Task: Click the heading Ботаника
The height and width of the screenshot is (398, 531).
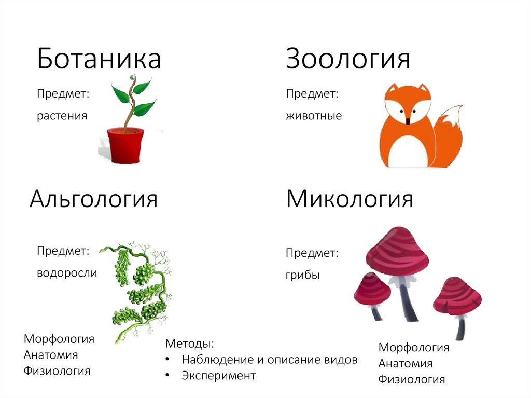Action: pyautogui.click(x=99, y=59)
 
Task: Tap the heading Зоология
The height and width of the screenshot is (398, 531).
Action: pyautogui.click(x=348, y=59)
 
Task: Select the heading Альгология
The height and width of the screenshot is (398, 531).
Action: pyautogui.click(x=93, y=199)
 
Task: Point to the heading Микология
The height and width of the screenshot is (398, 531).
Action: pyautogui.click(x=350, y=199)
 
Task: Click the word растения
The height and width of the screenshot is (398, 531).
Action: pyautogui.click(x=62, y=115)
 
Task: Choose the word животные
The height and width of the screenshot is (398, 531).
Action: pyautogui.click(x=314, y=115)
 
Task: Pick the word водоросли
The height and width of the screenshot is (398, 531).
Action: pyautogui.click(x=66, y=272)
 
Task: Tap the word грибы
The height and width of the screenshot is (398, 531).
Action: pyautogui.click(x=302, y=275)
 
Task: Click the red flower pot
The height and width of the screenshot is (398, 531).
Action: pyautogui.click(x=124, y=146)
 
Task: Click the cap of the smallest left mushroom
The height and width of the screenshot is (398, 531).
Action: pyautogui.click(x=371, y=290)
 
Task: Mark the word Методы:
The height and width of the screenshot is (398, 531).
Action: pyautogui.click(x=189, y=344)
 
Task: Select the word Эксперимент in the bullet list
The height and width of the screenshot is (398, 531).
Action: pyautogui.click(x=218, y=375)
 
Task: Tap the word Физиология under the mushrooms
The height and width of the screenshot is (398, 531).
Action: pyautogui.click(x=411, y=380)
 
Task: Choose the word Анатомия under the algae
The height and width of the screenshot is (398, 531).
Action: pyautogui.click(x=51, y=355)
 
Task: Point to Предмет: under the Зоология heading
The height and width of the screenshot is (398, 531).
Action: pyautogui.click(x=312, y=94)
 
